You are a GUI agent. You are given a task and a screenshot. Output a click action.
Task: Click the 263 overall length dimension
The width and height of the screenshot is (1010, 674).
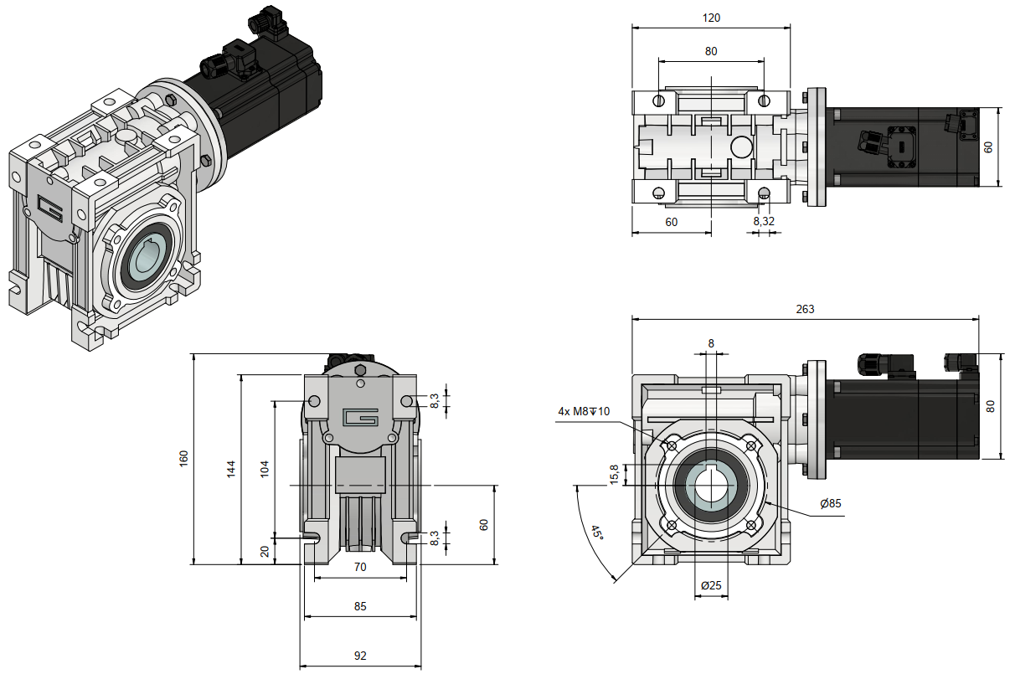click(804, 309)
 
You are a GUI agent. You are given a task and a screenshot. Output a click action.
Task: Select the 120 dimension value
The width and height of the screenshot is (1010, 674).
click(711, 17)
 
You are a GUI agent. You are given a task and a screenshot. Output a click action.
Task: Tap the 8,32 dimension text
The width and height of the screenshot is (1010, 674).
click(763, 221)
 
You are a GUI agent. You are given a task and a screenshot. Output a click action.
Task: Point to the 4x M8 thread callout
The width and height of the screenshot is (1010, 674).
click(585, 411)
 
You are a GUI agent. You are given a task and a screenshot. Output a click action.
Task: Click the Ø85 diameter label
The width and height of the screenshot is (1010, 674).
click(831, 503)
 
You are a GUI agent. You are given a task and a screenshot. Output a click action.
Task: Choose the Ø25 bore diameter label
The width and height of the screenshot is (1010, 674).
click(710, 584)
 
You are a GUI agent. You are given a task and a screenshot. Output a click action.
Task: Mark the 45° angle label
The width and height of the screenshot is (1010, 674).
click(596, 533)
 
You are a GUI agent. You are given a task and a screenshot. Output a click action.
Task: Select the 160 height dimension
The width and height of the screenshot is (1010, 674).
click(184, 459)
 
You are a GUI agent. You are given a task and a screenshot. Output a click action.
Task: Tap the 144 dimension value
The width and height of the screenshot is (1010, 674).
click(232, 468)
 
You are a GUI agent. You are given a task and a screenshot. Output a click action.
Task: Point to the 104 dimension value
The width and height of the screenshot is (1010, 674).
click(265, 468)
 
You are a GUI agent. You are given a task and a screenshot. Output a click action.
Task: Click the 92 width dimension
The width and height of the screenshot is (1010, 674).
click(360, 656)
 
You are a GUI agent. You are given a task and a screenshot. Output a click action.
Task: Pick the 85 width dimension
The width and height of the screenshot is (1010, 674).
click(360, 606)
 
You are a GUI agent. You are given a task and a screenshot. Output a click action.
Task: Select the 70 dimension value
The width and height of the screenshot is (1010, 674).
click(360, 567)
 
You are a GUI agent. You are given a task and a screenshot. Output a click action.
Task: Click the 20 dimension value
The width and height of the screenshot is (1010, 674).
click(265, 550)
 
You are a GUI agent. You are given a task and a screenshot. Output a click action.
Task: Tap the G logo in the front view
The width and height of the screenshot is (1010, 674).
click(361, 416)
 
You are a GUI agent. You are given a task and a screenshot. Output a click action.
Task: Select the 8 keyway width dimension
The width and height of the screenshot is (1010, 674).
click(711, 343)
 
